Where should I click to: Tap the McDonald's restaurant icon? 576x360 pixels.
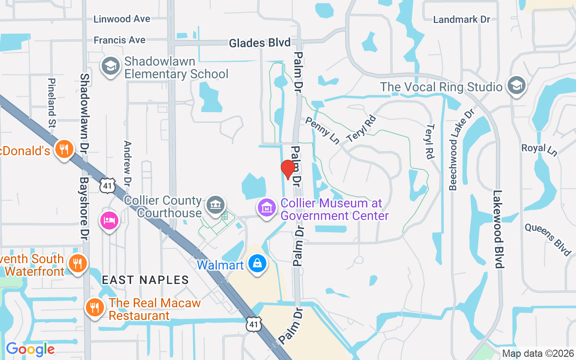[64, 149]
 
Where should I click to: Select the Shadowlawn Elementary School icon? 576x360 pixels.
[110, 67]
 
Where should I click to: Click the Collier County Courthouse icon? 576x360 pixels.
[216, 205]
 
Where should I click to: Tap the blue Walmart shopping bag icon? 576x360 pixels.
[257, 264]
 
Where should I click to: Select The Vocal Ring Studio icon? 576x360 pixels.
[516, 85]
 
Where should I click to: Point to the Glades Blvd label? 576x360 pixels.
[260, 43]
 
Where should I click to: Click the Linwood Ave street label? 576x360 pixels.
[121, 19]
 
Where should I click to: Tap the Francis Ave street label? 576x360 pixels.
[119, 40]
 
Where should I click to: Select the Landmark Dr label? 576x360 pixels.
[461, 19]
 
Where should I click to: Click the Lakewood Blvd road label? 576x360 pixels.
[498, 229]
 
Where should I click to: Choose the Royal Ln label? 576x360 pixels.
[539, 149]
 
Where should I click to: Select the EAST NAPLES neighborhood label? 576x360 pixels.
[145, 280]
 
